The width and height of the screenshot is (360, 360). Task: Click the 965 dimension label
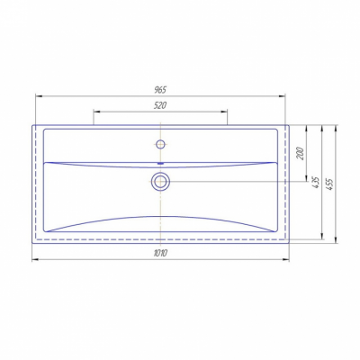pos(160,89)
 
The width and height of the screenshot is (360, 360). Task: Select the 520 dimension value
pos(160,105)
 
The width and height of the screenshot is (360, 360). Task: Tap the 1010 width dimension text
pos(160,253)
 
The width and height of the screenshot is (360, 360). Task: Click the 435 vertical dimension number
pos(316,183)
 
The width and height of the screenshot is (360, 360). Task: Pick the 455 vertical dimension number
pos(330,184)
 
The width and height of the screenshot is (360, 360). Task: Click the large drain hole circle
pos(160,182)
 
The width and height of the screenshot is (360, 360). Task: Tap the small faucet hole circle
pos(161,144)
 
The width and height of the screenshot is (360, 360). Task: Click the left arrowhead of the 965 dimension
pos(39,96)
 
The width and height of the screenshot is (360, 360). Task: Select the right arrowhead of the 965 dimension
pos(282,96)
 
